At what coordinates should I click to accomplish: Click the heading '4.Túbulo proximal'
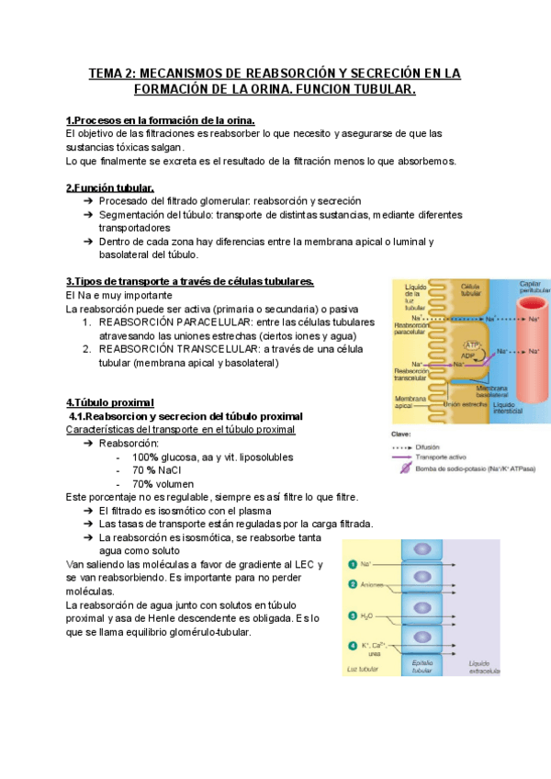(110, 402)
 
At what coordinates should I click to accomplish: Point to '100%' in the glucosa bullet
(146, 457)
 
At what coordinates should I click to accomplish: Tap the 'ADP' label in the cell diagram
(468, 356)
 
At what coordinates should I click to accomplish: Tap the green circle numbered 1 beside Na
(352, 564)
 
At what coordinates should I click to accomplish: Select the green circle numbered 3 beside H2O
(352, 615)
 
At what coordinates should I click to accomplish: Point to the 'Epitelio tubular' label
(422, 667)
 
